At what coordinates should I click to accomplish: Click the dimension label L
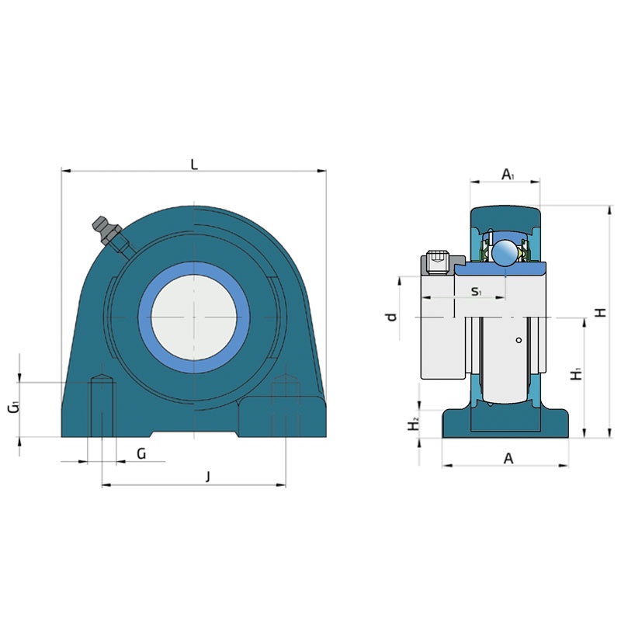194,164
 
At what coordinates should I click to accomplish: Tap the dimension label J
208,477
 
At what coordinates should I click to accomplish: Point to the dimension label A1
508,174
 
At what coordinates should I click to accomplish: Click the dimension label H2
414,424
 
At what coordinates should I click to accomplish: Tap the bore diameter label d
391,317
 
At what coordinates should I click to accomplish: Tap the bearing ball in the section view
505,252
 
